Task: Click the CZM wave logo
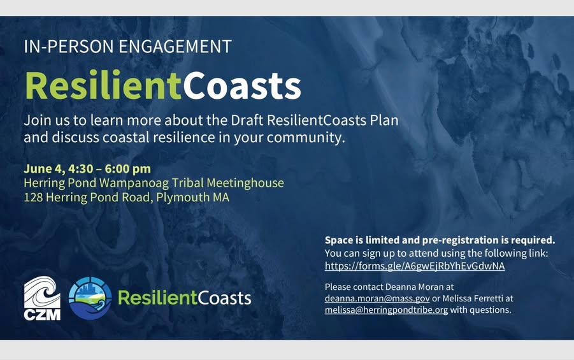(42, 298)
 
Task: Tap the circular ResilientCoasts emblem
(90, 298)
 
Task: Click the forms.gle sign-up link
(414, 266)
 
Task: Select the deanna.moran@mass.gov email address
(377, 298)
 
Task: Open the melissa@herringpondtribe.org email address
(386, 310)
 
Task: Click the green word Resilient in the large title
(103, 85)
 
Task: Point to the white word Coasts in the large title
(241, 85)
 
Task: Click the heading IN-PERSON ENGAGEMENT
(128, 47)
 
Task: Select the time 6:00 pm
(128, 169)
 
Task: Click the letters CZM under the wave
(42, 315)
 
